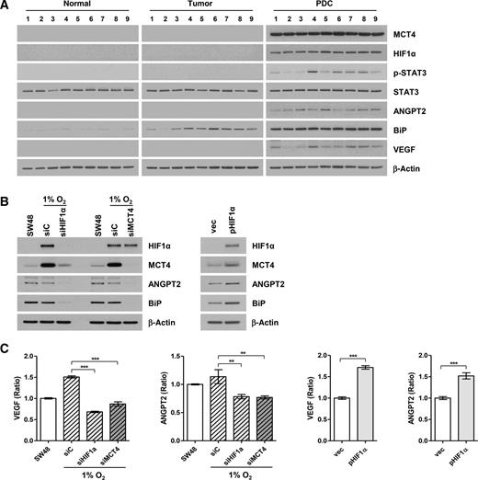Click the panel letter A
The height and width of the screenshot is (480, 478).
pyautogui.click(x=6, y=6)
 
